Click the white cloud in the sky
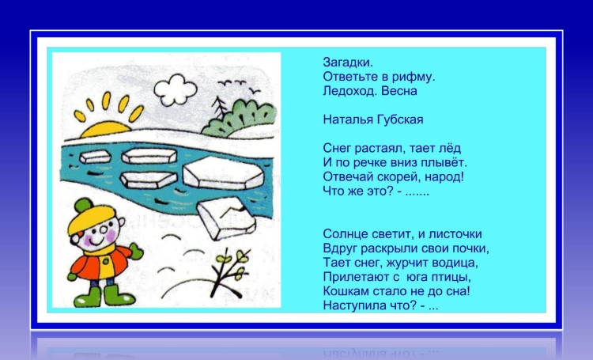click(x=175, y=90)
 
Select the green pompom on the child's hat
click(x=83, y=206)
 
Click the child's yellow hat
click(x=92, y=218)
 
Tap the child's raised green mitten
click(x=137, y=252)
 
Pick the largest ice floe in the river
click(x=223, y=173)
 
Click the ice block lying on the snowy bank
click(x=226, y=218)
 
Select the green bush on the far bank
click(x=240, y=118)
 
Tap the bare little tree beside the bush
click(x=219, y=108)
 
